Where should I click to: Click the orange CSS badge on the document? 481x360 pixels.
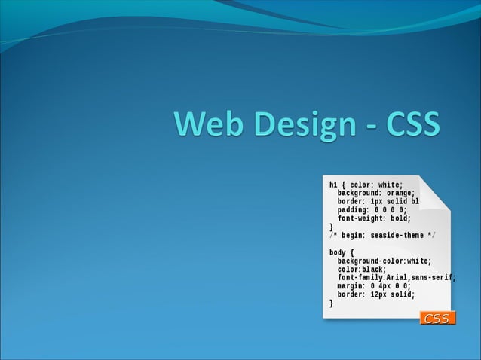tap(437, 319)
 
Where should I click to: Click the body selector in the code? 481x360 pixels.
tap(338, 252)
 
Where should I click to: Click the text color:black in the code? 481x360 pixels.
tap(361, 269)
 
